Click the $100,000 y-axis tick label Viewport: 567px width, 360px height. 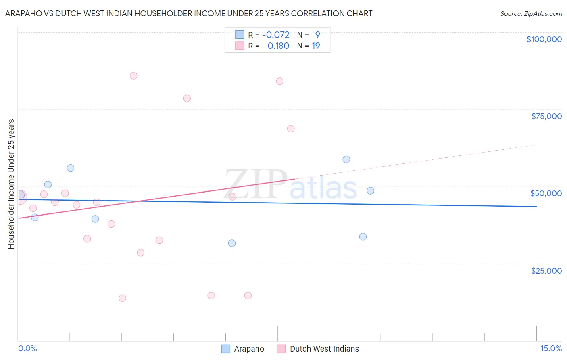[544, 39]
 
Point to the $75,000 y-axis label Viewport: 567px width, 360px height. [546, 116]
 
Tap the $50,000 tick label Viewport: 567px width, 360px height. [546, 193]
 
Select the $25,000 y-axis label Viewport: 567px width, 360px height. [546, 270]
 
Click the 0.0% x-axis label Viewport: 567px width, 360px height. [27, 348]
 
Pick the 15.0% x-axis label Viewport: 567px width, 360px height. [551, 348]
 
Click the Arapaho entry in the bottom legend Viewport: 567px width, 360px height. [243, 349]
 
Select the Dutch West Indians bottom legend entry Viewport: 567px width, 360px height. [318, 349]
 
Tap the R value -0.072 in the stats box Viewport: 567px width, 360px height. [276, 35]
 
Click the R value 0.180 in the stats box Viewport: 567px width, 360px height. [278, 46]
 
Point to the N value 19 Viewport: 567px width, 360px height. [316, 46]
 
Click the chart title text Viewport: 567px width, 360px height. [189, 13]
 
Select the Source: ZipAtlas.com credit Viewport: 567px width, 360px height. [531, 14]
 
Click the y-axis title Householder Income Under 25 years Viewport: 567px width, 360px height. [11, 184]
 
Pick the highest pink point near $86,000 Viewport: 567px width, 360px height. [133, 76]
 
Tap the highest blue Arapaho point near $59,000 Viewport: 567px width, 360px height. [346, 159]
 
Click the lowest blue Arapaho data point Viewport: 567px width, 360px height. [232, 243]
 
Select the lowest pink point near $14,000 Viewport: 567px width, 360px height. [123, 298]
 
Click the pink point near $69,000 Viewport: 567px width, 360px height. [291, 129]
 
